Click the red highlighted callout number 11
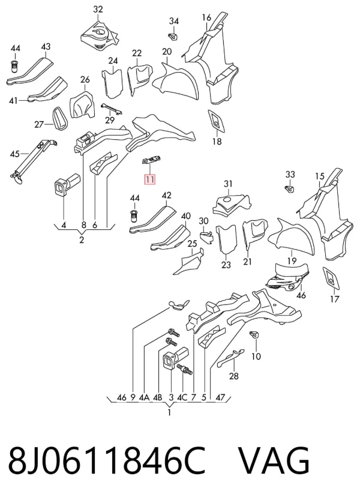150,179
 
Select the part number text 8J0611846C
106,461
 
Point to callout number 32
98,9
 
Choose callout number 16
206,17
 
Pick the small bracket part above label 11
151,159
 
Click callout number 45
15,154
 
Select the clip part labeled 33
289,189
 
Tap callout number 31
228,184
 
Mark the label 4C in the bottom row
182,397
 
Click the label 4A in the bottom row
144,397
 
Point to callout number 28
233,376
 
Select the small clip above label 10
254,334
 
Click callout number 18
217,141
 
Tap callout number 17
334,299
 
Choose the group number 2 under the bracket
82,239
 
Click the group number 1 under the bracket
169,412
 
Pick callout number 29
110,120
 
